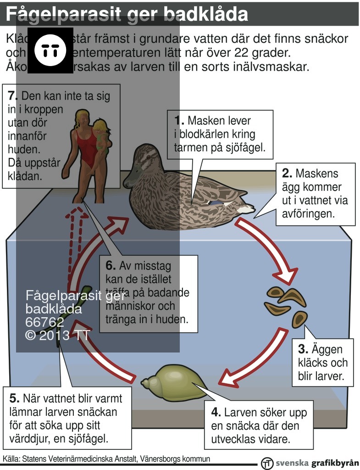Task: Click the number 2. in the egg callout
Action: pyautogui.click(x=287, y=174)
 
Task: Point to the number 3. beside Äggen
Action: pyautogui.click(x=303, y=349)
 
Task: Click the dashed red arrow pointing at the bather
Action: pyautogui.click(x=77, y=239)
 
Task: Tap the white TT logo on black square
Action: pyautogui.click(x=50, y=50)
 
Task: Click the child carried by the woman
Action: pyautogui.click(x=102, y=134)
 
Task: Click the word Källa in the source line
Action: pyautogui.click(x=11, y=459)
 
